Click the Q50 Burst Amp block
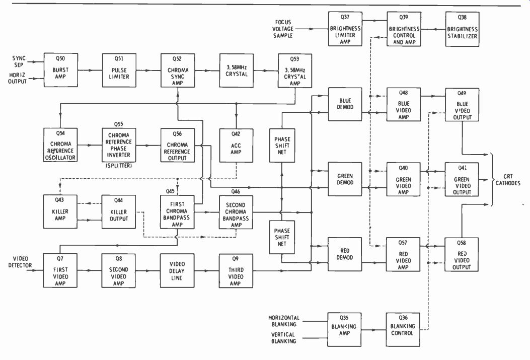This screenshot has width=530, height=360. pos(60,70)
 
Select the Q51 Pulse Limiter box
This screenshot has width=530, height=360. pos(119,70)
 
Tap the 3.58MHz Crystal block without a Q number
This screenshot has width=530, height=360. pos(236,70)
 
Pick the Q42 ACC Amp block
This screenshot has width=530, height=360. pos(236,146)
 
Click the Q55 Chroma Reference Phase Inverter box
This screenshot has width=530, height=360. pos(119,145)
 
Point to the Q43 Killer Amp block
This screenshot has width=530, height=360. pos(60,211)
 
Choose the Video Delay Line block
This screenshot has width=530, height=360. pos(177,271)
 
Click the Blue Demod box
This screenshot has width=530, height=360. pos(345,104)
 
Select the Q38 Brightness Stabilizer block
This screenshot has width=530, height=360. pos(462,29)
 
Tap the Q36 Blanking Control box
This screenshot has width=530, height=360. pos(403,330)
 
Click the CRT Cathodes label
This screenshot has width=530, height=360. pos(508,180)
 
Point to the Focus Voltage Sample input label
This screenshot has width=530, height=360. pos(283,29)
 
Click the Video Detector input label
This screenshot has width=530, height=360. pos(20,262)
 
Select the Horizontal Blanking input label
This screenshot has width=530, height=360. pos(284,321)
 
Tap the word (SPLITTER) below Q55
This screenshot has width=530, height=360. pos(119,166)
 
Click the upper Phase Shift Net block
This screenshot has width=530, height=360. pos(282,146)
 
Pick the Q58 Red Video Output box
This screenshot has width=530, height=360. pos(462,255)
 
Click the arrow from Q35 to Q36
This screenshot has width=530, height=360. pos(374,330)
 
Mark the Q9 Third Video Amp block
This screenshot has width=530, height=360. pos(236,271)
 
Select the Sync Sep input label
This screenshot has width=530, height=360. pos(19,61)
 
